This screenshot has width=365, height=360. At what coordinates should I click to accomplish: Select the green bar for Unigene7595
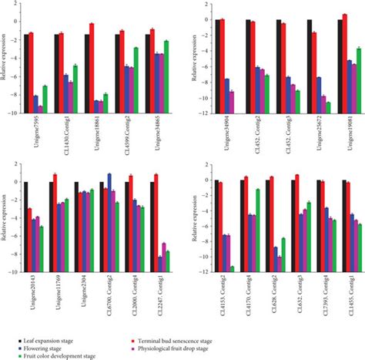tap(45, 99)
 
